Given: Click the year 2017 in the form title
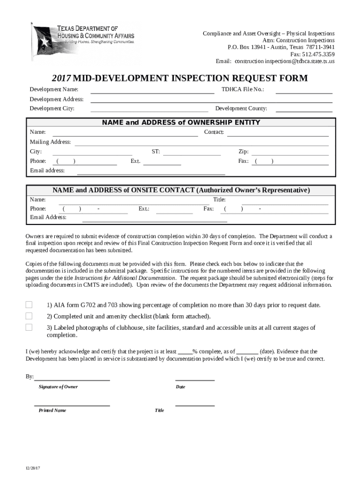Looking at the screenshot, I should [62, 78].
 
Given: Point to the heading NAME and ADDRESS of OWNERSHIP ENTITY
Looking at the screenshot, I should [181, 123].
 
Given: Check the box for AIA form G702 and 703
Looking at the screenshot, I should [29, 305].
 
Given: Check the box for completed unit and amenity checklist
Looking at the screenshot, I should [29, 316].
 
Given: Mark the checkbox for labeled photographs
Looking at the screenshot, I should [29, 327].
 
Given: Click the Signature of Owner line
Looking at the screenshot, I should [72, 379].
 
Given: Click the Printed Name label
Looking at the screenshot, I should [52, 410].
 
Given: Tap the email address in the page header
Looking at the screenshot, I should [284, 61].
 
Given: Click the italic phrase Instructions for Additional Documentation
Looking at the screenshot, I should [125, 277].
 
